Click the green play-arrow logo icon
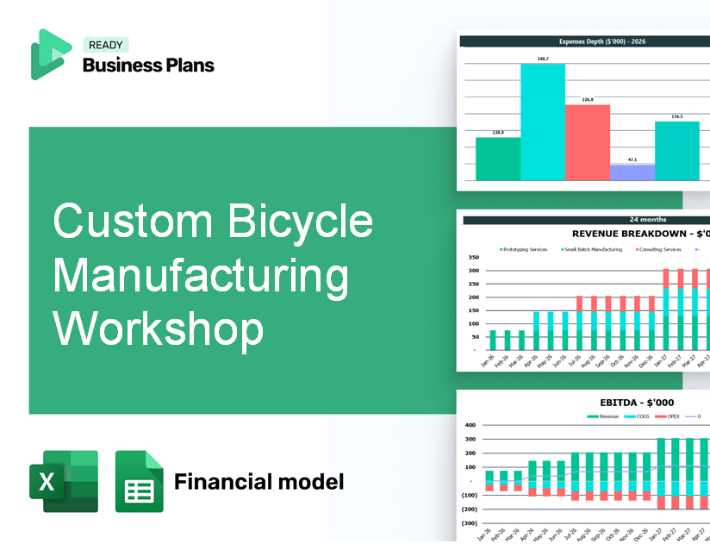[50, 54]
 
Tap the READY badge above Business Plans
[105, 45]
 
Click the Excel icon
[64, 481]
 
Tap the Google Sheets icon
[139, 481]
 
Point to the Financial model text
[258, 481]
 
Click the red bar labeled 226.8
[587, 142]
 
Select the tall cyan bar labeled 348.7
[542, 122]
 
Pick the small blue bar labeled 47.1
[632, 172]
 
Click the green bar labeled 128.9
[497, 159]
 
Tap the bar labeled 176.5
[676, 151]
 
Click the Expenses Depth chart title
[585, 41]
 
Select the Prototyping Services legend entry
[526, 249]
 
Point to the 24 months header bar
[585, 220]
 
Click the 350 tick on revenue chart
[473, 257]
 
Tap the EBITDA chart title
[638, 402]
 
